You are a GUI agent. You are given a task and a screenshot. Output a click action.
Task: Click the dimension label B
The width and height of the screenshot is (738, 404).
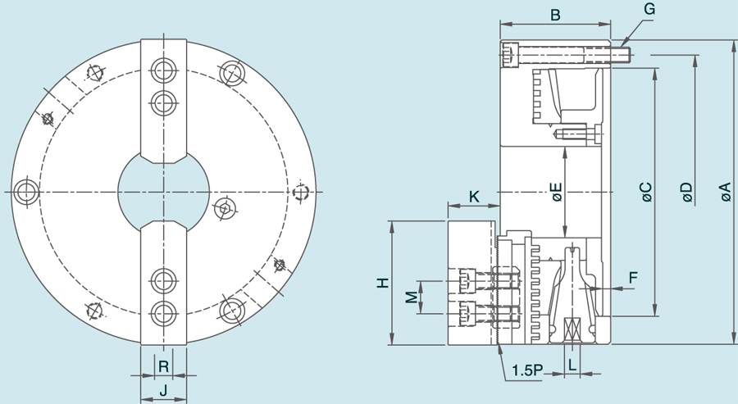tap(555, 15)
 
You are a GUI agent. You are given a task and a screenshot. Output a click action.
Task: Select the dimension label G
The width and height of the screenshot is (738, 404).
tap(649, 9)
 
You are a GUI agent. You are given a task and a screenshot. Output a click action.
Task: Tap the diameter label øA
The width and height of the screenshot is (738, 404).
tap(725, 192)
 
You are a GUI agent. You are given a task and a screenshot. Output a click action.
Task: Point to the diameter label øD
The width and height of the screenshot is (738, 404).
tap(686, 192)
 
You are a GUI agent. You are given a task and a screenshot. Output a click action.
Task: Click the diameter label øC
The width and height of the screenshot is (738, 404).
tap(645, 192)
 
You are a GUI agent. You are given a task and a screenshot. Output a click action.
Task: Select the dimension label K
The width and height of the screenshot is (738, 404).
tap(475, 196)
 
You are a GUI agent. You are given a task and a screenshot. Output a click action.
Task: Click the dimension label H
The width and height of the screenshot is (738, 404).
tap(382, 284)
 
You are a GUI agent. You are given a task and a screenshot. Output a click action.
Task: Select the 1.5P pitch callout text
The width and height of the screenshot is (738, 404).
tap(527, 370)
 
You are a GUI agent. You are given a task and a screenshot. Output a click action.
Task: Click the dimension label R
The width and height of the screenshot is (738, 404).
tap(163, 365)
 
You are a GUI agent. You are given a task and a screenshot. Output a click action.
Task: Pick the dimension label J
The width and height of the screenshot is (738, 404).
tap(163, 391)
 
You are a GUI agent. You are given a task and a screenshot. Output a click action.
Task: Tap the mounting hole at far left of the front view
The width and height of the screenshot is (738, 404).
tap(25, 192)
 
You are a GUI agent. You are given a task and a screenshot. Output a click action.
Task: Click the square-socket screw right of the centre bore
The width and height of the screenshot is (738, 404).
tap(224, 209)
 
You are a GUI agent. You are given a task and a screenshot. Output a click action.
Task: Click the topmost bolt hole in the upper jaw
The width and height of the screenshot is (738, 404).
tap(163, 70)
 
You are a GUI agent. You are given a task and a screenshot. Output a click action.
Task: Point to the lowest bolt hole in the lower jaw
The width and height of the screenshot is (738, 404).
tap(163, 313)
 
